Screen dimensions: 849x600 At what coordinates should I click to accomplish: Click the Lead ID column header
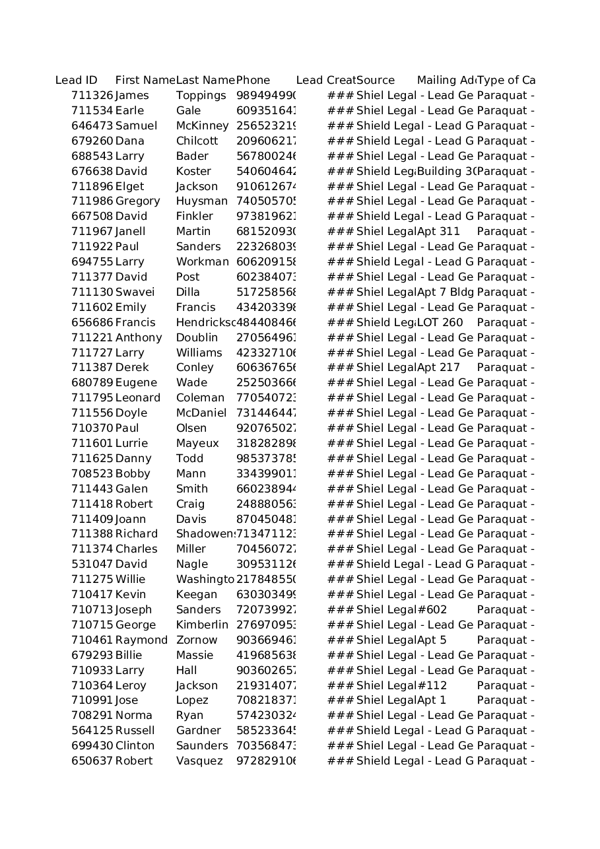pos(77,81)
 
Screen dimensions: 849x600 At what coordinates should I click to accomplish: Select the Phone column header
pos(253,81)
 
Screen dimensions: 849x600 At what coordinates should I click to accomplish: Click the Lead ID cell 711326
pos(92,96)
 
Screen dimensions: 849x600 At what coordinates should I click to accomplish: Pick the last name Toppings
pos(201,96)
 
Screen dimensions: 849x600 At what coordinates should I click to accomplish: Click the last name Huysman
pos(201,201)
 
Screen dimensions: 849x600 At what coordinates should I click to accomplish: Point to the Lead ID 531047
pos(92,564)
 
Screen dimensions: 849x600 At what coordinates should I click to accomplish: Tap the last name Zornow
pos(196,640)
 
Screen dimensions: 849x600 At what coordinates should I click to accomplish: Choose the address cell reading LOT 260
pos(440,322)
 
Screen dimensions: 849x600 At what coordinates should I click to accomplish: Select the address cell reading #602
pos(432,610)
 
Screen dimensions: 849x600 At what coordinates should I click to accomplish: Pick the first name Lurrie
pos(131,444)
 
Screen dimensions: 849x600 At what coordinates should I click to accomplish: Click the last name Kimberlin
pos(202,625)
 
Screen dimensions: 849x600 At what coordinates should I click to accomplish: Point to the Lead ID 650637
pos(92,761)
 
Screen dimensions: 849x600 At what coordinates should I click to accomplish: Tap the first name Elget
pos(129,187)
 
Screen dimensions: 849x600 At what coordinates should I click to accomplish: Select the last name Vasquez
pos(199,761)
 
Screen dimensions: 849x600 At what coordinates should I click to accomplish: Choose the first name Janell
pos(130,232)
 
